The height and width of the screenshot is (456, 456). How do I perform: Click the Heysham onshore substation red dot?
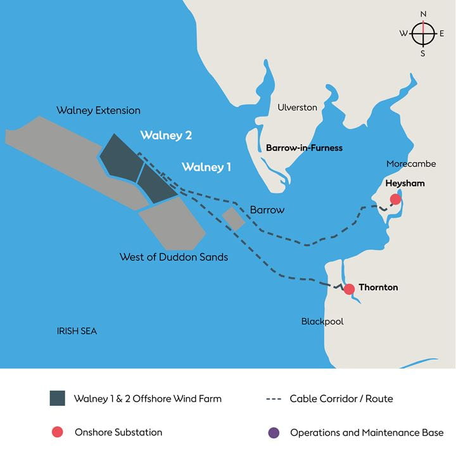[396, 199]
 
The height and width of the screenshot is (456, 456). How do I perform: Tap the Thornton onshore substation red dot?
[349, 289]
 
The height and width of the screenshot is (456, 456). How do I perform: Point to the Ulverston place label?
[297, 108]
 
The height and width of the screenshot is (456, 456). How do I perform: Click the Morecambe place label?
[411, 164]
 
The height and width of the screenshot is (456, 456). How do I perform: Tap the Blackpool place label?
[322, 322]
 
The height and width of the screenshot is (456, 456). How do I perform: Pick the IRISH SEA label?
[77, 331]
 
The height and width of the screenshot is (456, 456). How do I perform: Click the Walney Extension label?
[98, 111]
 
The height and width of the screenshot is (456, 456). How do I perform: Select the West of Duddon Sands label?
[174, 258]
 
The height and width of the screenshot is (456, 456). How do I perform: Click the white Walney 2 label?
[166, 136]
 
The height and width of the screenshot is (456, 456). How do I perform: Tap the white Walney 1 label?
[206, 168]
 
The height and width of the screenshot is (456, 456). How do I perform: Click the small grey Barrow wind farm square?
[233, 218]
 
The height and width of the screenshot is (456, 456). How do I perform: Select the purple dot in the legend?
[273, 433]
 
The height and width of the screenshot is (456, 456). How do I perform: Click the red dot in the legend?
[57, 433]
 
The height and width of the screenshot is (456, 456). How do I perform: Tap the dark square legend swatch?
[57, 398]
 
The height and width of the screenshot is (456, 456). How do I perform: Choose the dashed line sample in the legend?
[273, 399]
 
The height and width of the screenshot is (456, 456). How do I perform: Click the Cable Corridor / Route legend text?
[341, 399]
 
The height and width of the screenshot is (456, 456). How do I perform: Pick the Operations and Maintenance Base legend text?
[367, 433]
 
